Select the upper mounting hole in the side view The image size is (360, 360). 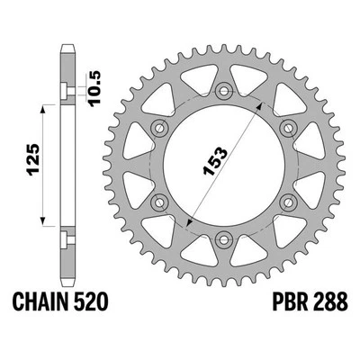[x=67, y=88]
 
